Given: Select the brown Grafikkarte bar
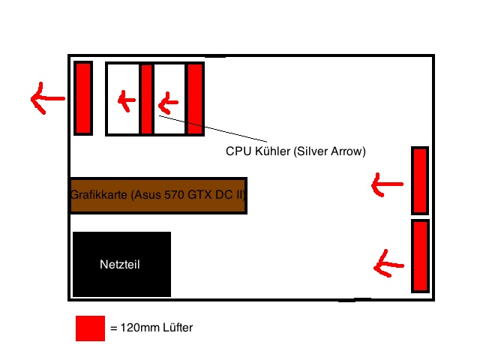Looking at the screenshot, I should pos(158,196).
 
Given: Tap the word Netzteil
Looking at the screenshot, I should pos(120,264).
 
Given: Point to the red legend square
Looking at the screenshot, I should pos(90,328).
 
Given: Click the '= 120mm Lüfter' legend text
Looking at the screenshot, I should pos(151,328).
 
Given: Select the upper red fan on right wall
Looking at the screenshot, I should pos(419,181).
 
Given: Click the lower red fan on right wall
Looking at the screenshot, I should pos(419,256).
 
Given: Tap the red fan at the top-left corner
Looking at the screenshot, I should pos(82,98).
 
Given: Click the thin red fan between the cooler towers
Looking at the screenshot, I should pos(147,99).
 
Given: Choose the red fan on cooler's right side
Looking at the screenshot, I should pos(195,99).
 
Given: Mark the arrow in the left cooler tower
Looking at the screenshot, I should pos(124,99).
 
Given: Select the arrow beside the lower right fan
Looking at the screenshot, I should pos(389,262).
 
